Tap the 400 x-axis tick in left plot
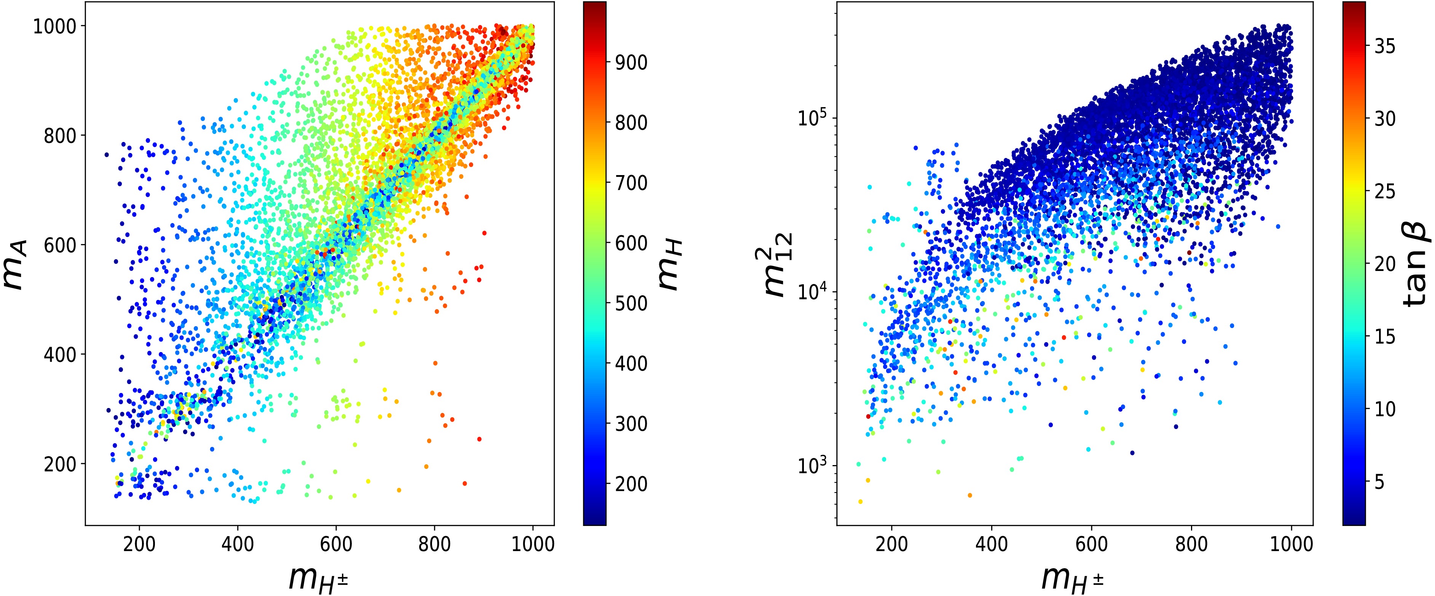238,543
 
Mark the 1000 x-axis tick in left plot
533,543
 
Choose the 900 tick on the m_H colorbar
631,63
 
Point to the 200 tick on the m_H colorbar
631,483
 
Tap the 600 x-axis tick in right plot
1091,543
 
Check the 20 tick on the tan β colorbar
1385,264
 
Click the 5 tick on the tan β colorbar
1379,482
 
